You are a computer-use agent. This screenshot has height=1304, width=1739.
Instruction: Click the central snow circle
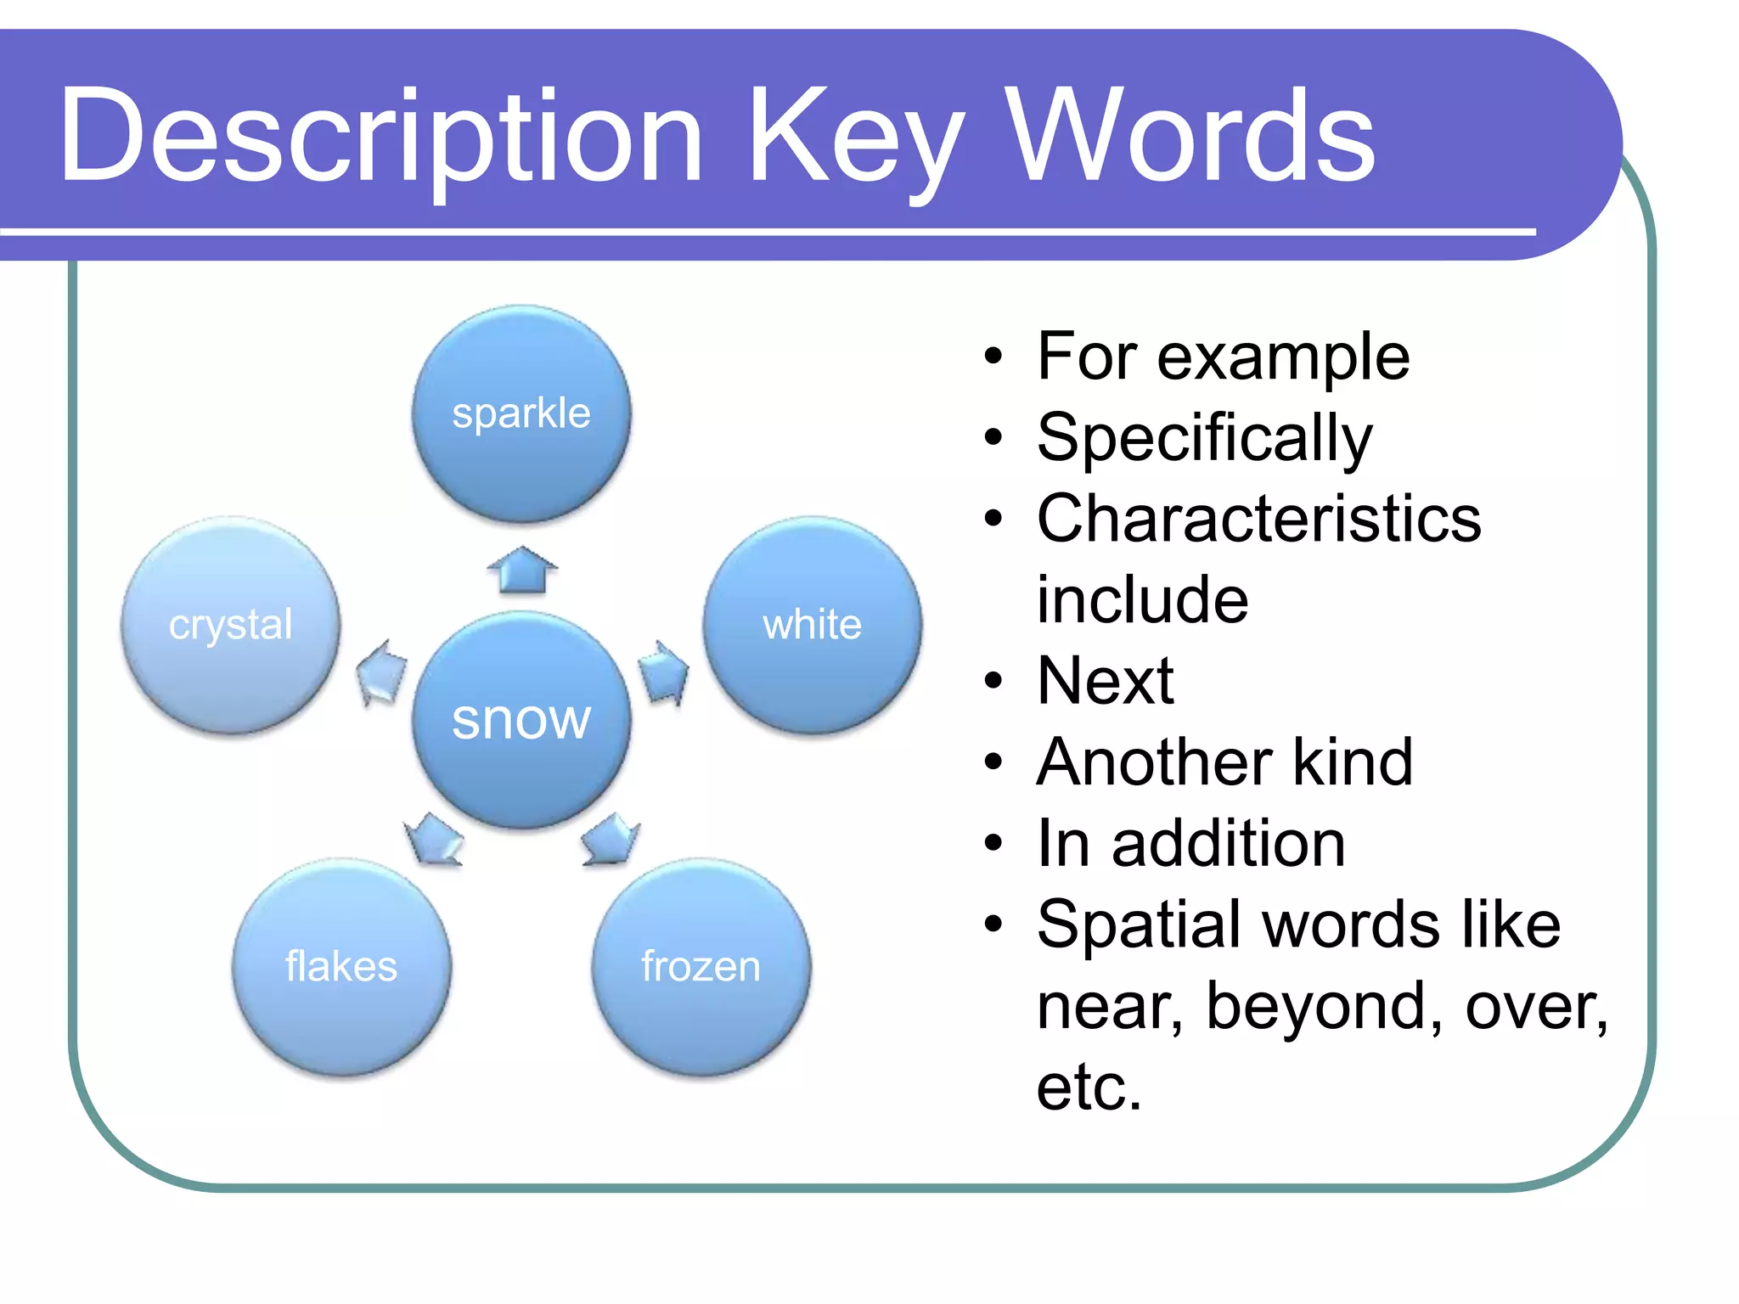521,720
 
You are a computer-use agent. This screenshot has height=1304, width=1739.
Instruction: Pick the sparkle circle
521,414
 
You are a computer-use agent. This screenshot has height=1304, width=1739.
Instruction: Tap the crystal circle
231,625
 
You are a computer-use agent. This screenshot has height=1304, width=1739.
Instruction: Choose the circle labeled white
813,625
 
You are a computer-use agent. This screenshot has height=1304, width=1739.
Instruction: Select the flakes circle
341,966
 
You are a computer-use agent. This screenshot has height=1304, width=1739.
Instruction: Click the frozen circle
701,966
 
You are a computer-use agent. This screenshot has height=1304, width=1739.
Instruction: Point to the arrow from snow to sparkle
522,570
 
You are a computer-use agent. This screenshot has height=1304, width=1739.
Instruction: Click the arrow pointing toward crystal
381,672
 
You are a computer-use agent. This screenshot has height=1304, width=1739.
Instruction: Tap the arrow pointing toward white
663,672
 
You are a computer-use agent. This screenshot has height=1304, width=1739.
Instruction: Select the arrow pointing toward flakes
434,840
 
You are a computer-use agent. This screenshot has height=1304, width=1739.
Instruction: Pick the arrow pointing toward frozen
611,840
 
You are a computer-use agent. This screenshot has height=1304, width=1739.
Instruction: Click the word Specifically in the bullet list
1204,438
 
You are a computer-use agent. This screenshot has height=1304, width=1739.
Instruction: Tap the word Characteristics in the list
1258,519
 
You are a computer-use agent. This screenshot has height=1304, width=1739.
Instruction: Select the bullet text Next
1106,681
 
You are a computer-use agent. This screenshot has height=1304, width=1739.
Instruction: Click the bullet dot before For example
993,357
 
